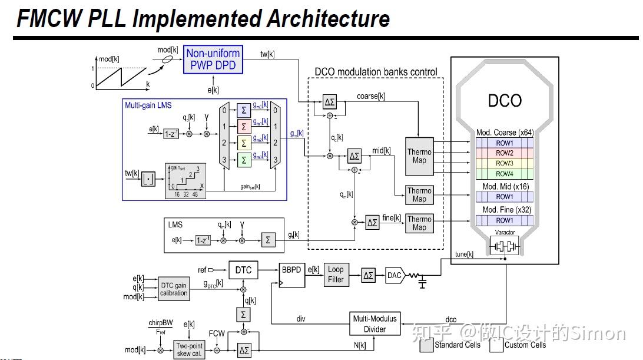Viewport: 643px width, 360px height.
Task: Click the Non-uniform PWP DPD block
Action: pos(213,59)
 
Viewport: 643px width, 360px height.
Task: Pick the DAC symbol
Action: pos(394,275)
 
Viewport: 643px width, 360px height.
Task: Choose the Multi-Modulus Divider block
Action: pos(374,323)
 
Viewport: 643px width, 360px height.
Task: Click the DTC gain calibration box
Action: pos(174,289)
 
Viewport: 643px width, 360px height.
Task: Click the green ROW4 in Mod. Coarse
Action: pos(504,173)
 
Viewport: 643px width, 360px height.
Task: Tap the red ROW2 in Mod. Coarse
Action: pos(504,153)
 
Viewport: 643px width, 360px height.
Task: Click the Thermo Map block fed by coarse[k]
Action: pos(419,156)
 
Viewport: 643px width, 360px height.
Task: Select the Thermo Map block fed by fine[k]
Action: pos(419,223)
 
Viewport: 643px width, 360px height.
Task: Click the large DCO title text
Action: pos(505,100)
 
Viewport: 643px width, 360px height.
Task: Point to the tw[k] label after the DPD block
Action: pos(267,54)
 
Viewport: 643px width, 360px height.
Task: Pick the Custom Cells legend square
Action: pos(495,345)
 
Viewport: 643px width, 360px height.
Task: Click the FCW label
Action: pos(217,333)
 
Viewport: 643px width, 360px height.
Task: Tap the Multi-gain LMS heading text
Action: pos(148,105)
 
